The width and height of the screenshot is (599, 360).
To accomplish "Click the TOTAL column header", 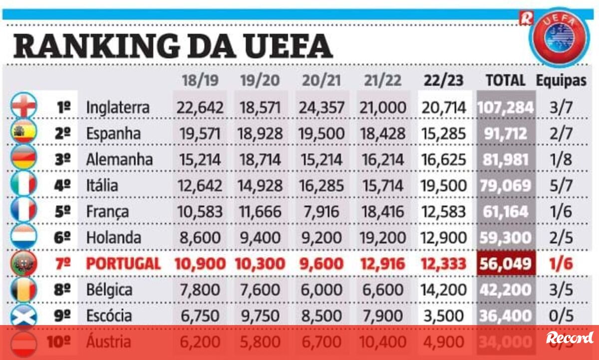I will point(505,80).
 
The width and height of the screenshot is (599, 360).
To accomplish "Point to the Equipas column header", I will point(561,80).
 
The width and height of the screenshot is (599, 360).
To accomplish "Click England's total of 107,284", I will point(505,107).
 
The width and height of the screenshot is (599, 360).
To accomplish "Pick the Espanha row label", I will point(113,133).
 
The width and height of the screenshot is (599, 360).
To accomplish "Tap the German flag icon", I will point(23,159).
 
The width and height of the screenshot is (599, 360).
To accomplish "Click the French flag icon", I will point(23,211).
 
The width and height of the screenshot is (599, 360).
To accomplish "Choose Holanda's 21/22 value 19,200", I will point(382,237).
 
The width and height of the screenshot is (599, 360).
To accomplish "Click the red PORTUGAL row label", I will point(123,263).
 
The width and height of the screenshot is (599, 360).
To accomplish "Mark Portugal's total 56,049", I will point(505,263).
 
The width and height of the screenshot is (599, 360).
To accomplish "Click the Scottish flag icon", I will point(23,316).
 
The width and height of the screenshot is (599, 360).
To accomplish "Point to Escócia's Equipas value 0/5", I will point(561,316).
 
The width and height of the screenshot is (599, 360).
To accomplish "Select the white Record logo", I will point(569,338).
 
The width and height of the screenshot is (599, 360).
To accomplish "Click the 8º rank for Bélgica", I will point(62,290).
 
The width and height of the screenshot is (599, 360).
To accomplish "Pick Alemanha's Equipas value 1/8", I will point(561,159).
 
